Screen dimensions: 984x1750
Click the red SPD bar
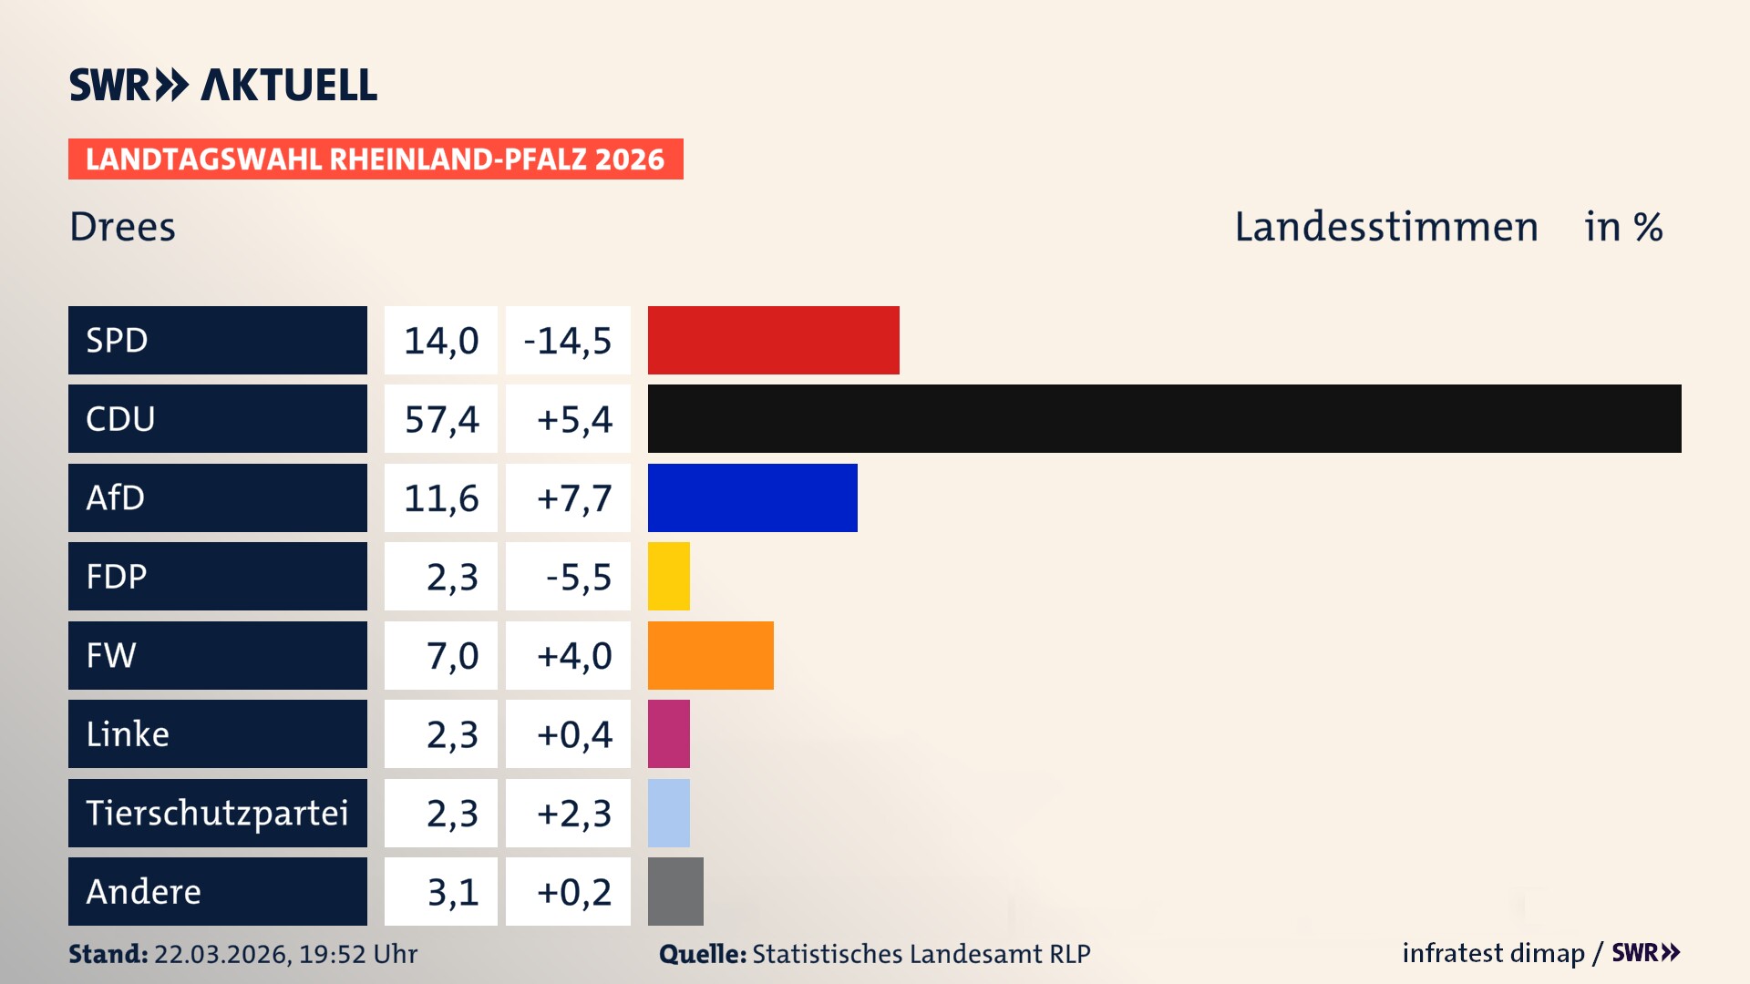pos(773,340)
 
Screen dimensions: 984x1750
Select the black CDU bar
pos(1164,418)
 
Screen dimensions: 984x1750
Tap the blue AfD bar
pos(752,497)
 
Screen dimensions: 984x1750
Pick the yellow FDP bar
pos(668,576)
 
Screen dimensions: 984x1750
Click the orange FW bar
pos(710,655)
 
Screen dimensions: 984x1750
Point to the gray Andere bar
pos(675,891)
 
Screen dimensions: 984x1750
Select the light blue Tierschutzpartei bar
pos(668,813)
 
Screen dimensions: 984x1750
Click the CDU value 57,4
pos(441,419)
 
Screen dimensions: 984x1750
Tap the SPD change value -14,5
pos(568,341)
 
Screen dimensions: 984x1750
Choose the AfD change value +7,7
pos(574,498)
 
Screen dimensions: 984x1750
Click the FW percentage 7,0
pos(452,656)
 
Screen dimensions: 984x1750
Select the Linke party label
pos(128,734)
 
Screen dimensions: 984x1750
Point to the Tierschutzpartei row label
pos(217,813)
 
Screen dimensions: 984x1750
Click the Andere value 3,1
pos(452,892)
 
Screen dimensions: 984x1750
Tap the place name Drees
pos(122,227)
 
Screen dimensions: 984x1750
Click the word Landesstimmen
pos(1385,227)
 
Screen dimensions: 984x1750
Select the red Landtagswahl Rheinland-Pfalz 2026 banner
pos(375,159)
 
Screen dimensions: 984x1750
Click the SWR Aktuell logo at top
pos(222,85)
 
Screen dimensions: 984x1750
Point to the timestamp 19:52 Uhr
pos(358,954)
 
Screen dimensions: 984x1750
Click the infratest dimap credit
pos(1492,953)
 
